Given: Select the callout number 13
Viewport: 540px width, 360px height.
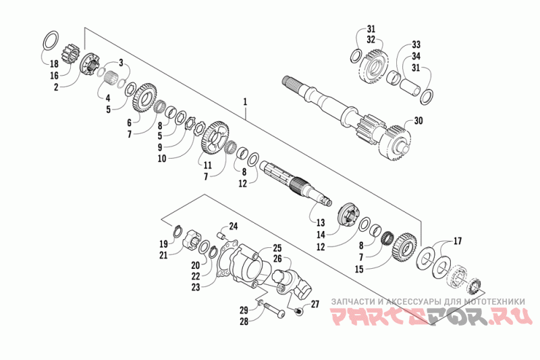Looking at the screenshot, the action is [x=321, y=222].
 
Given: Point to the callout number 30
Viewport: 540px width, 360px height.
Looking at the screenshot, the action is [x=418, y=122].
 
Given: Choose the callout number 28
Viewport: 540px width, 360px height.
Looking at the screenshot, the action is [x=244, y=322].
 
